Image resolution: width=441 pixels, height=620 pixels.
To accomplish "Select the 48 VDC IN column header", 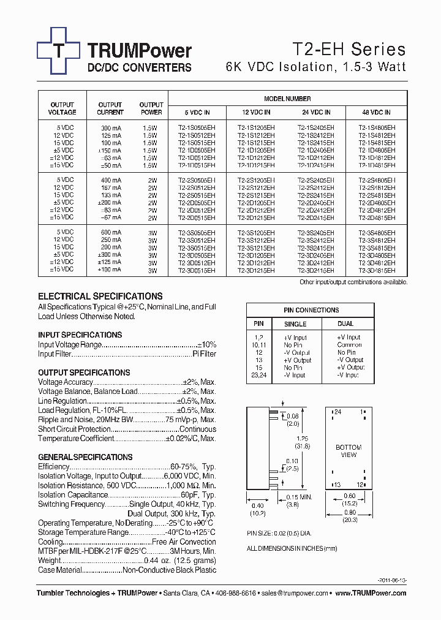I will [x=376, y=113].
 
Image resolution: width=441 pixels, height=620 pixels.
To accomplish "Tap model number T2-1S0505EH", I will [x=196, y=128].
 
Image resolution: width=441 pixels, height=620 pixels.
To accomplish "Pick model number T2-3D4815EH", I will [x=377, y=270].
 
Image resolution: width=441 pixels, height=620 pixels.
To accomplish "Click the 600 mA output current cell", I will [x=110, y=232].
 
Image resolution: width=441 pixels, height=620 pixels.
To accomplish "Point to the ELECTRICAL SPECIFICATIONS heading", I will [x=100, y=296].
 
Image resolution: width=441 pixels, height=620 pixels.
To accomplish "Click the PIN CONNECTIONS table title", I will [x=311, y=310].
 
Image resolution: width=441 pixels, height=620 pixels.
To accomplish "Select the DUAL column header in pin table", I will [x=345, y=324].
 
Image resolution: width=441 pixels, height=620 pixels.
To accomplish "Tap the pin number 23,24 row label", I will [x=258, y=375].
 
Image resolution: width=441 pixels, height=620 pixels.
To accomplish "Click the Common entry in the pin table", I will [x=349, y=345].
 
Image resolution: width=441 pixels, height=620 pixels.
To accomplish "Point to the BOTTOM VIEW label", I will [x=349, y=451].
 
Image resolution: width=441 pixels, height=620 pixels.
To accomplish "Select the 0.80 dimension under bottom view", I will [x=349, y=513].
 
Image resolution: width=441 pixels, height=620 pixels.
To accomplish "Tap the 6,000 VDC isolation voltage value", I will [x=183, y=476].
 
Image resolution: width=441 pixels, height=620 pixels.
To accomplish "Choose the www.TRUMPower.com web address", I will [x=371, y=593].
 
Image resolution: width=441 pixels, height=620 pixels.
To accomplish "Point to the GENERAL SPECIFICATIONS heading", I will [x=85, y=457].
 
